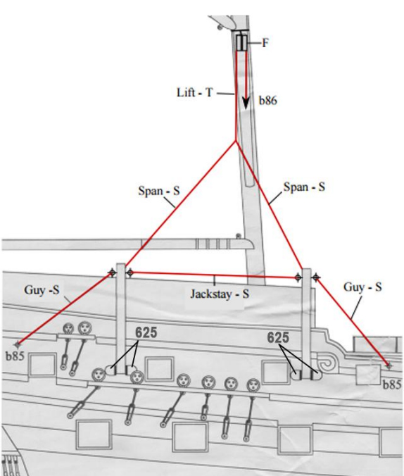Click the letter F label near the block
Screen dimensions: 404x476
tap(265, 43)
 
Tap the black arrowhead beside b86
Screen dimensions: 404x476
tap(246, 104)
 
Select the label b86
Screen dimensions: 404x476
tap(267, 100)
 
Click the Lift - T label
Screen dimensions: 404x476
tap(195, 92)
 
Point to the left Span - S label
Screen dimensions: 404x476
tap(159, 191)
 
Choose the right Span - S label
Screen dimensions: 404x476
tap(304, 187)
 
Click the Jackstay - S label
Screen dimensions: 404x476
tap(220, 294)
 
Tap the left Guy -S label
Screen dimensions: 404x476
tap(42, 289)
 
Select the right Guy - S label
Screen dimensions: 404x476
tap(362, 287)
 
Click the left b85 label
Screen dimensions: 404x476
tap(15, 356)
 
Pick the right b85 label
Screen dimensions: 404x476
tap(391, 385)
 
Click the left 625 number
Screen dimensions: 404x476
tap(146, 333)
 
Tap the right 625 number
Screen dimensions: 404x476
tap(278, 337)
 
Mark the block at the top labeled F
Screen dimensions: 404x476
tap(242, 42)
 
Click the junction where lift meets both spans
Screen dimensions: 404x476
tap(236, 141)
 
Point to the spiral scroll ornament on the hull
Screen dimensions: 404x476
tap(327, 364)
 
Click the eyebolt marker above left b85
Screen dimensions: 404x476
tap(18, 344)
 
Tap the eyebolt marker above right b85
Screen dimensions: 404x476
tap(389, 366)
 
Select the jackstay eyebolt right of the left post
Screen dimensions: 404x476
tap(130, 273)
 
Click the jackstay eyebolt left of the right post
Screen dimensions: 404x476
tap(298, 277)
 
